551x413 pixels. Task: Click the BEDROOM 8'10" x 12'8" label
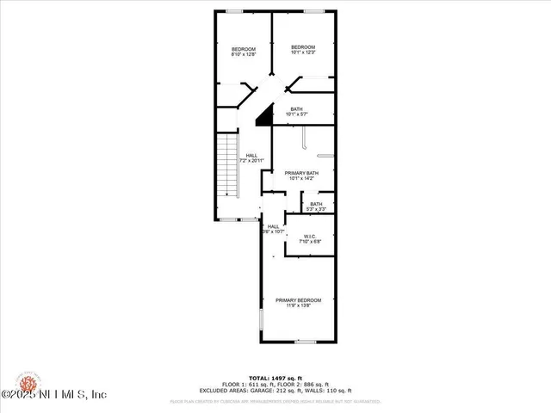244,52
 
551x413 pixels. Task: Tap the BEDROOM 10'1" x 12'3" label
302,49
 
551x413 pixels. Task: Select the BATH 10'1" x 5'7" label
296,111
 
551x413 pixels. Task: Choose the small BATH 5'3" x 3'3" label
316,206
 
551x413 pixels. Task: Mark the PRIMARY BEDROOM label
298,302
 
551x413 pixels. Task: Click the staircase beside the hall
226,165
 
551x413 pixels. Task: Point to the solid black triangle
265,112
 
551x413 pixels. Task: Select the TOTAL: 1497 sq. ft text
275,378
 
